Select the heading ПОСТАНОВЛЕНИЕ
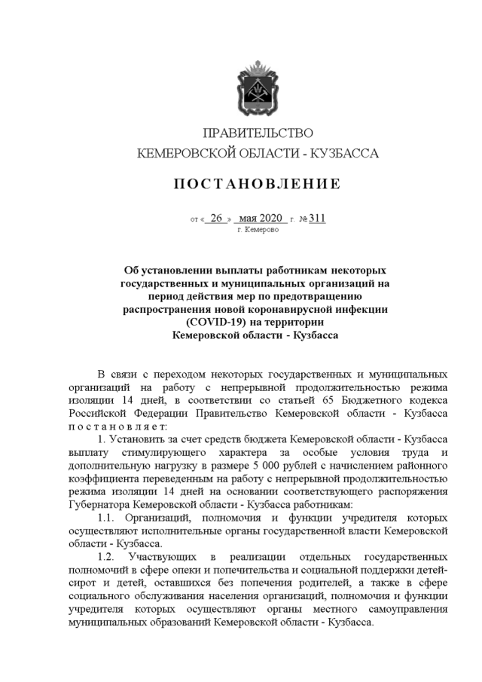[258, 184]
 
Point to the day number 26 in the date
[217, 219]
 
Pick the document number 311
[317, 219]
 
